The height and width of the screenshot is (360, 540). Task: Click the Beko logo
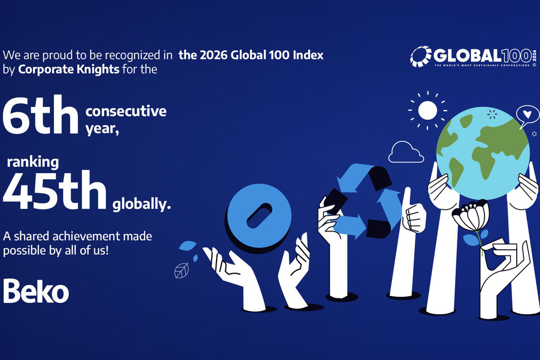click(36, 291)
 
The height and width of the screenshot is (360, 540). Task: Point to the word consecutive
click(125, 112)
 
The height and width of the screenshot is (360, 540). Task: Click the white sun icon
click(427, 111)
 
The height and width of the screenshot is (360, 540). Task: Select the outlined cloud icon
click(406, 152)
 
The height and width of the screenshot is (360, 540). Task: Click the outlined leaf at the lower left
click(181, 270)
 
